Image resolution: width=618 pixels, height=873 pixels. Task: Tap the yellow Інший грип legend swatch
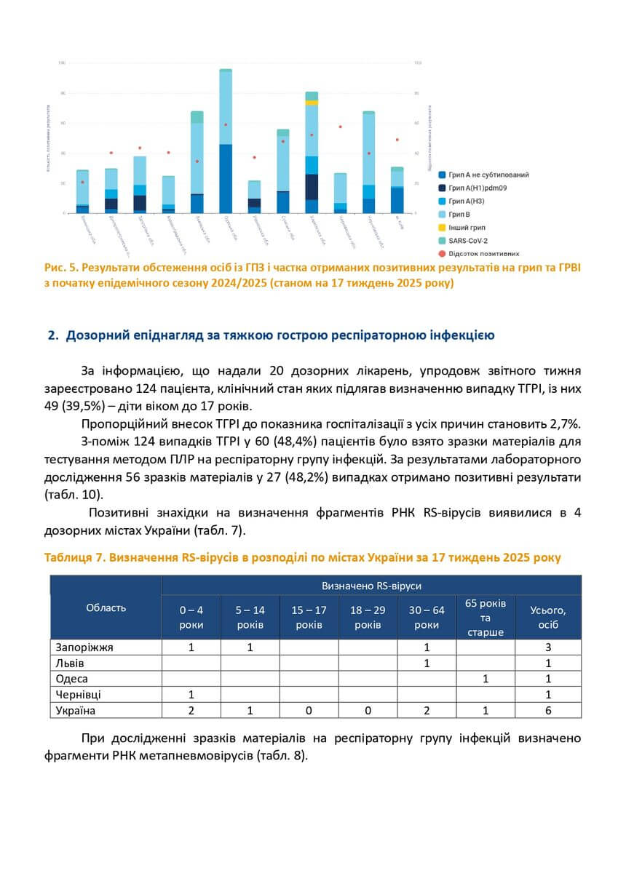pyautogui.click(x=442, y=227)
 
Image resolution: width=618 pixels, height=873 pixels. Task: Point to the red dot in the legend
pyautogui.click(x=442, y=253)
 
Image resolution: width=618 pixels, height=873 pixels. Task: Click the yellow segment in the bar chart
pyautogui.click(x=312, y=103)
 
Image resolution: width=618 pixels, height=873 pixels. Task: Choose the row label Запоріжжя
pyautogui.click(x=84, y=646)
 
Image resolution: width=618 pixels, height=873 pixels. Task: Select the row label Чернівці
pyautogui.click(x=79, y=695)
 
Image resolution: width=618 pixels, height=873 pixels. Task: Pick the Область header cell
pyautogui.click(x=106, y=607)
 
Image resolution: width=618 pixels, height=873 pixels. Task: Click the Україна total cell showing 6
pyautogui.click(x=547, y=711)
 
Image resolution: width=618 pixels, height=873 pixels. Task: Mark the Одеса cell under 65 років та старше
pyautogui.click(x=486, y=679)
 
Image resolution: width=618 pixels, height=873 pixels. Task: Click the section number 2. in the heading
pyautogui.click(x=52, y=335)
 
